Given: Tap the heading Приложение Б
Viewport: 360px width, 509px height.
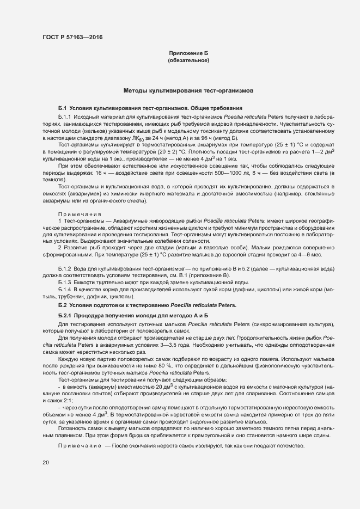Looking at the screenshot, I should pos(188,53).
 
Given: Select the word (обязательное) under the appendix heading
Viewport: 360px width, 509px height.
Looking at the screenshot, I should pos(188,60).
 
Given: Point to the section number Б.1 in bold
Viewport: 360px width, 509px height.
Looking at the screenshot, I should pos(62,108).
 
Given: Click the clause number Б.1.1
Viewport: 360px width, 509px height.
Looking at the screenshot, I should pos(64,117).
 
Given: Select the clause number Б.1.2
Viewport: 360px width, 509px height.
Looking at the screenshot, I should pos(64,269).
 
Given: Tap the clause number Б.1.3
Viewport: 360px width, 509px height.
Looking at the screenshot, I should pos(64,283).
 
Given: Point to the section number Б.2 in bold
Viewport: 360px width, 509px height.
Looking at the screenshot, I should pos(62,305).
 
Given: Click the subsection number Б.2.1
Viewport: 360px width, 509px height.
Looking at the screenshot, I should pos(64,316).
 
